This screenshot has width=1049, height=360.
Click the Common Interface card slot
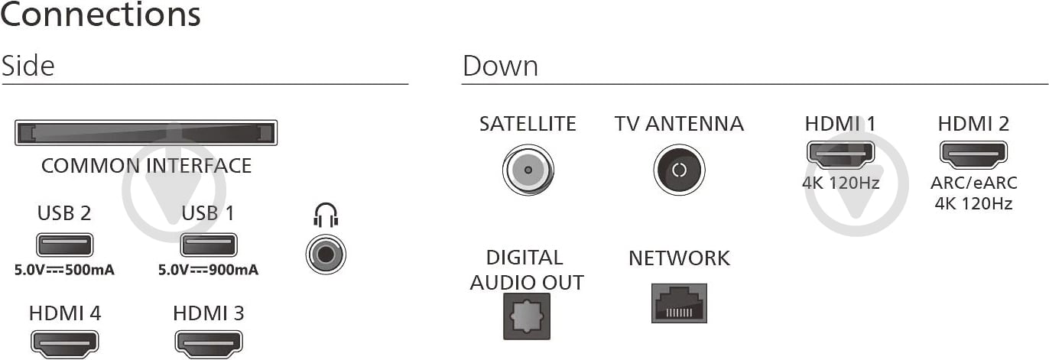[x=145, y=132]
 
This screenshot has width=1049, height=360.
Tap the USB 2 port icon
[x=65, y=245]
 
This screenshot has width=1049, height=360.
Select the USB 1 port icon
[x=209, y=245]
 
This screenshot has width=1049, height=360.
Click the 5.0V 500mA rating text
[x=64, y=270]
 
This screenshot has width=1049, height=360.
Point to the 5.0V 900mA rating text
[x=209, y=270]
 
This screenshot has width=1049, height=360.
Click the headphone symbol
[x=326, y=215]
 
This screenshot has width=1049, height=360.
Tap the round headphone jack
[x=326, y=255]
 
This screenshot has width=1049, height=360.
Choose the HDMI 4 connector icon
[x=65, y=344]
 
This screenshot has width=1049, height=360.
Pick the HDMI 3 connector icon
[x=209, y=344]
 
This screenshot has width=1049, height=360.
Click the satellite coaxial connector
[x=528, y=170]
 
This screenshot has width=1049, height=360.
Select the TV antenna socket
[x=679, y=170]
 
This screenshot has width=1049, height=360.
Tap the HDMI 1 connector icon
[x=840, y=155]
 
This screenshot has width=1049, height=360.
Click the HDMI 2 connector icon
[x=973, y=155]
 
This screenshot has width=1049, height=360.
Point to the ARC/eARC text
[x=973, y=183]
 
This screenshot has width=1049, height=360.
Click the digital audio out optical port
[x=527, y=316]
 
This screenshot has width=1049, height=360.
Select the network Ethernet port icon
[x=679, y=303]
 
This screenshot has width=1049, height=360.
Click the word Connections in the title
[x=100, y=14]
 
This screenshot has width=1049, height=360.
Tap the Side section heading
[x=28, y=66]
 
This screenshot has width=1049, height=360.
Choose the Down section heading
[x=500, y=66]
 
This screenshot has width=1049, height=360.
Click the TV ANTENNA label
[x=679, y=124]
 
